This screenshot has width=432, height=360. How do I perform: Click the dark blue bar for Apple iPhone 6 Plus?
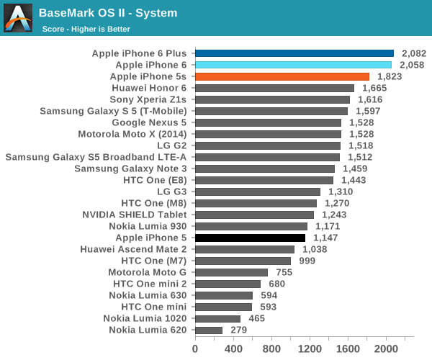(x=294, y=53)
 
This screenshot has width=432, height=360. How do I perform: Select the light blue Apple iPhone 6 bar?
(x=293, y=65)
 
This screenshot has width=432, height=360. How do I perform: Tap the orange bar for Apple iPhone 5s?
(x=282, y=76)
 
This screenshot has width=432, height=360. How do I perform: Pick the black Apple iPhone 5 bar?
(x=250, y=238)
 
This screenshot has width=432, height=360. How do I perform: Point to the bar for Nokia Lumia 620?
(x=208, y=330)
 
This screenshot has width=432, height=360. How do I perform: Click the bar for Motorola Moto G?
(x=231, y=272)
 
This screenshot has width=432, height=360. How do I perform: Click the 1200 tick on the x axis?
(x=309, y=348)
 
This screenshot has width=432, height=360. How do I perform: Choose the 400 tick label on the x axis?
(x=233, y=348)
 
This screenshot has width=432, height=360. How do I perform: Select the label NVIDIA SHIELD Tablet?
(x=135, y=215)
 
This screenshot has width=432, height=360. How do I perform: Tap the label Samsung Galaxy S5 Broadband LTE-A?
(x=96, y=157)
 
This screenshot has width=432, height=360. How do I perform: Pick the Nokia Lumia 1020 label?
(x=145, y=318)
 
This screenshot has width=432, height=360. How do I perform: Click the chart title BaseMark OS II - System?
(x=108, y=13)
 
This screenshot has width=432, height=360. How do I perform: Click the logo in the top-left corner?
(x=17, y=19)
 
